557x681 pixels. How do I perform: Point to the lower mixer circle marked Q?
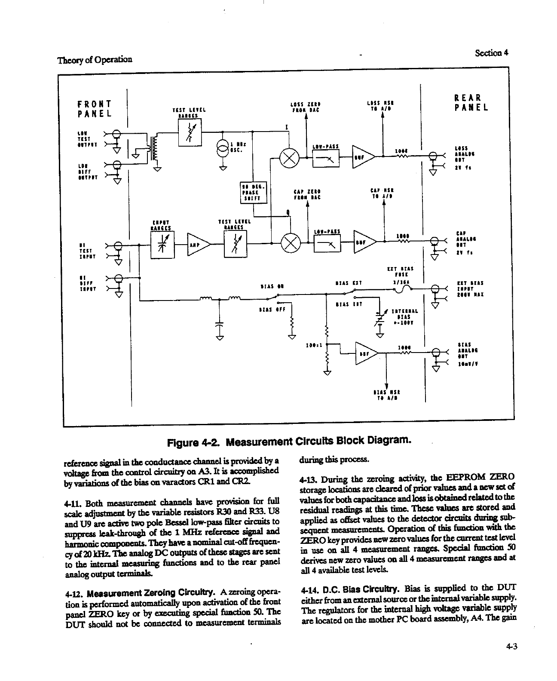291,244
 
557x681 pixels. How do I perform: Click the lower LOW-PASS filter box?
328,244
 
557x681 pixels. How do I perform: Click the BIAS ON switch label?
272,285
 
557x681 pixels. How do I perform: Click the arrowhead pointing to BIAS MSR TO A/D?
386,385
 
